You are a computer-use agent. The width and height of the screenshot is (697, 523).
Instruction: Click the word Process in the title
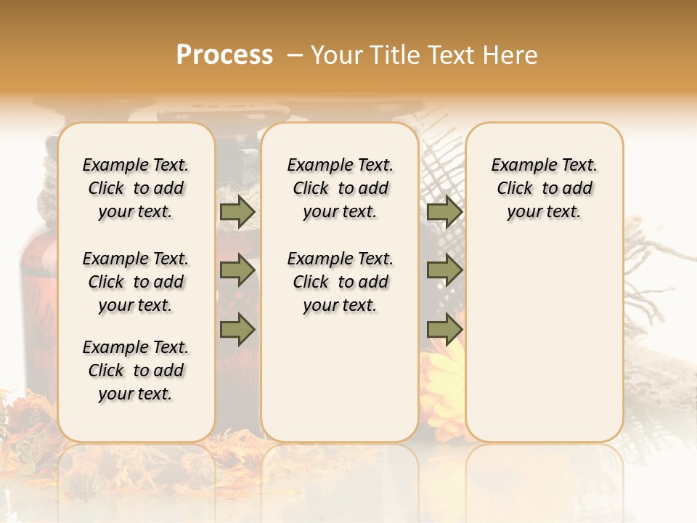click(224, 55)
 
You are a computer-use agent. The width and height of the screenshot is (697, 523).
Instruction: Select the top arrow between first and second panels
click(237, 212)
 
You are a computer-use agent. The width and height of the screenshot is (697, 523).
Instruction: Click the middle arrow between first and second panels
click(237, 271)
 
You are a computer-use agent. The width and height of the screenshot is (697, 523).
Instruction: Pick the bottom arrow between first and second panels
click(237, 329)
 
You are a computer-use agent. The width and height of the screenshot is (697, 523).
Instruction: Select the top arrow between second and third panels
click(444, 212)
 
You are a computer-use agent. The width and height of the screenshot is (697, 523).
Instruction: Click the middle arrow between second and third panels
click(444, 271)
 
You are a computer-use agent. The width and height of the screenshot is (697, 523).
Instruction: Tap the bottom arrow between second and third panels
click(444, 329)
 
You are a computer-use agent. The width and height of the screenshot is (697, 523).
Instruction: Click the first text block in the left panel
click(136, 188)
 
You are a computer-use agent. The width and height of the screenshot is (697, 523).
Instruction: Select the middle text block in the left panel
click(136, 282)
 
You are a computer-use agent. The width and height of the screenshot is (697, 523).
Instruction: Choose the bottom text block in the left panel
click(136, 370)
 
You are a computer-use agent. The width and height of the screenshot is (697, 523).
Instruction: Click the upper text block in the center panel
click(341, 188)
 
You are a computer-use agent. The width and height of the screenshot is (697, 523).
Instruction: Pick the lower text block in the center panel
click(341, 282)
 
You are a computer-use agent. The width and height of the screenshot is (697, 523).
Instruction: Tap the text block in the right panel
click(545, 188)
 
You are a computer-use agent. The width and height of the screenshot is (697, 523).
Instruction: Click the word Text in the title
click(453, 55)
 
